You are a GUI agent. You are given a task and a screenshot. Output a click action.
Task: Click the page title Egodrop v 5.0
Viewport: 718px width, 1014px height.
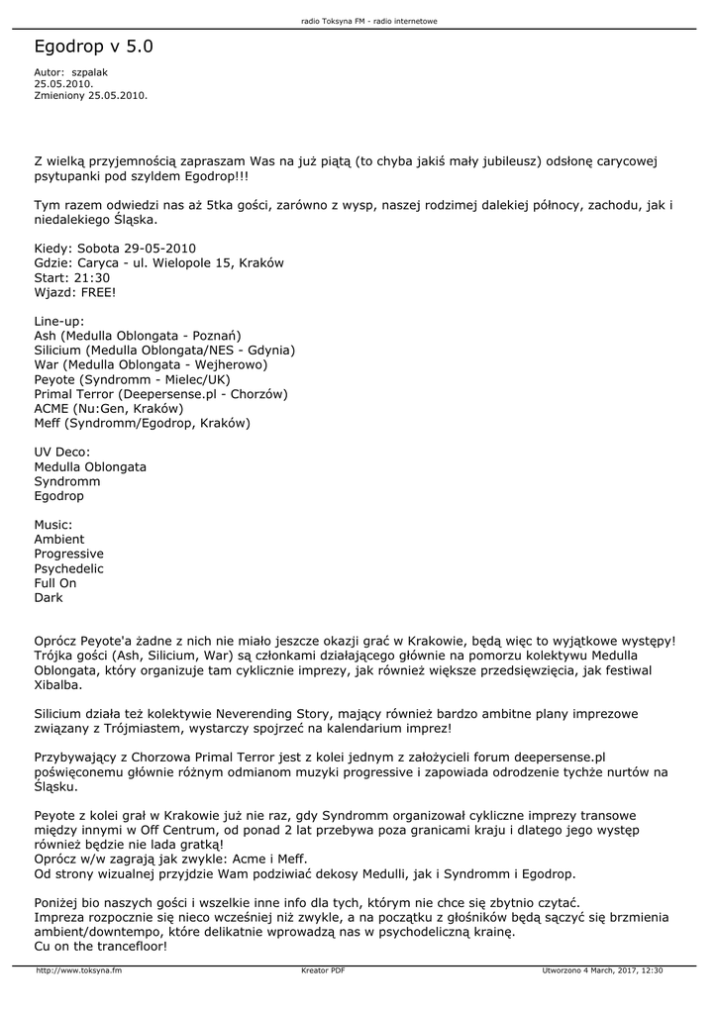pos(93,47)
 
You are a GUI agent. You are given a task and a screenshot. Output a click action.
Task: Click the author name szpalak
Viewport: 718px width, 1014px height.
pos(90,72)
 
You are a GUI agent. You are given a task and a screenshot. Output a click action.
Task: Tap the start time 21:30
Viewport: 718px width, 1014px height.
pos(91,278)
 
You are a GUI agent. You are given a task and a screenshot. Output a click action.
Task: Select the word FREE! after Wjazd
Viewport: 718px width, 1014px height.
pos(98,293)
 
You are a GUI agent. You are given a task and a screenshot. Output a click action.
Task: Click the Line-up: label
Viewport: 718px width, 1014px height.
pos(59,321)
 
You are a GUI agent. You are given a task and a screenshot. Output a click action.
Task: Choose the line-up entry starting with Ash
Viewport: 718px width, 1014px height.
pos(138,336)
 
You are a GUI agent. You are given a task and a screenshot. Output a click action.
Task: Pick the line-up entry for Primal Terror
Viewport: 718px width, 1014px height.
pos(160,393)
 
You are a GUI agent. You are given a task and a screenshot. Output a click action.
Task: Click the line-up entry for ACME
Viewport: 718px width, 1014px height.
pos(109,408)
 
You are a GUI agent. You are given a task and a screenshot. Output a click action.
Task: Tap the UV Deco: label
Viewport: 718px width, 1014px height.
pos(62,452)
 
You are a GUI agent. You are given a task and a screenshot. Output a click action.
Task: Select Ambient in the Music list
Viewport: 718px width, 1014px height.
pos(59,539)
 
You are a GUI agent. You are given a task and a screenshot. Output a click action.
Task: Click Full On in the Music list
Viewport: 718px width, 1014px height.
pos(55,583)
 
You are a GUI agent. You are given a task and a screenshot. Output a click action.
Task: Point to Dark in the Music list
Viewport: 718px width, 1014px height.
pos(49,598)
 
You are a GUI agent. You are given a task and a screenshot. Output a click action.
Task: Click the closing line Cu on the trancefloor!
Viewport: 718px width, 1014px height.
pos(101,947)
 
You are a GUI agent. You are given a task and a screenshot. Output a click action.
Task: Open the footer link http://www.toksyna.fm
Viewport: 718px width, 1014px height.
pos(79,970)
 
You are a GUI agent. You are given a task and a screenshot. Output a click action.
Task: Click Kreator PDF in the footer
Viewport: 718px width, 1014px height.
pos(323,970)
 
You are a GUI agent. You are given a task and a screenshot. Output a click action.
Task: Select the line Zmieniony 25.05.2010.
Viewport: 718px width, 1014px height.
pos(90,96)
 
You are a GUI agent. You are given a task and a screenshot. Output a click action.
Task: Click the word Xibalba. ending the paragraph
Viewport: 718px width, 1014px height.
pos(58,684)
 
